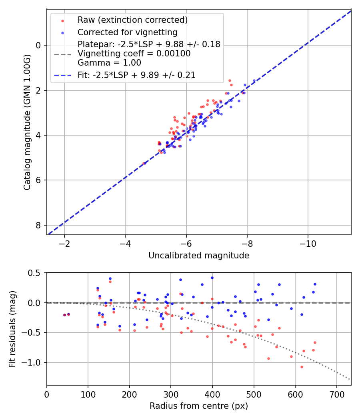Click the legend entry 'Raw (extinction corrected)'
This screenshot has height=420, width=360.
[x=132, y=20]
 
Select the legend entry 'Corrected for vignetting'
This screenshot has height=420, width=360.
[x=127, y=32]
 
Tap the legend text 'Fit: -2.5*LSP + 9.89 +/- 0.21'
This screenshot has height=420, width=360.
[x=136, y=75]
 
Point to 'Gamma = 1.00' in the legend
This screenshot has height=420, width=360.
[x=109, y=62]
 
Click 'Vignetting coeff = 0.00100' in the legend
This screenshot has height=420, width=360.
[x=134, y=54]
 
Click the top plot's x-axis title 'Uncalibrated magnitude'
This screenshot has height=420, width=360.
[x=199, y=256]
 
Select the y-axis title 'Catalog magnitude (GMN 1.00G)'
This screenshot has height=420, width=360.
[x=27, y=123]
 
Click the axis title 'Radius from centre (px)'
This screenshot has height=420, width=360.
[x=199, y=406]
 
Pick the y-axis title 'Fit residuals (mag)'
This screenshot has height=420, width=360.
[x=12, y=329]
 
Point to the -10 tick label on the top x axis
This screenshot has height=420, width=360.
[x=308, y=244]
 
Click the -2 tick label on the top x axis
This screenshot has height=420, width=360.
[x=64, y=244]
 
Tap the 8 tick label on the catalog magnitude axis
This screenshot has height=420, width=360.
[x=39, y=225]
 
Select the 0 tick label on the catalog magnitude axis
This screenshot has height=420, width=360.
[x=39, y=45]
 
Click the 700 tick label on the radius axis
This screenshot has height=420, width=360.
[x=336, y=394]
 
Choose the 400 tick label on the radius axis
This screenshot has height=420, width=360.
[x=212, y=394]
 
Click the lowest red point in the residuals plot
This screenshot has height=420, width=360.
[x=302, y=367]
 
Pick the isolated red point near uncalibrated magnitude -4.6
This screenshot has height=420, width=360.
[x=144, y=163]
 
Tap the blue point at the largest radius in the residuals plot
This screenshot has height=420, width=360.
[x=315, y=284]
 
